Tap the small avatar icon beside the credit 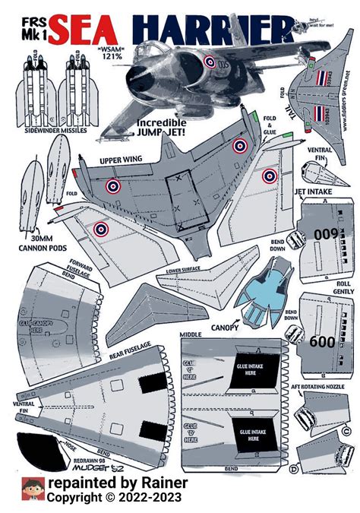click(x=32, y=489)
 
